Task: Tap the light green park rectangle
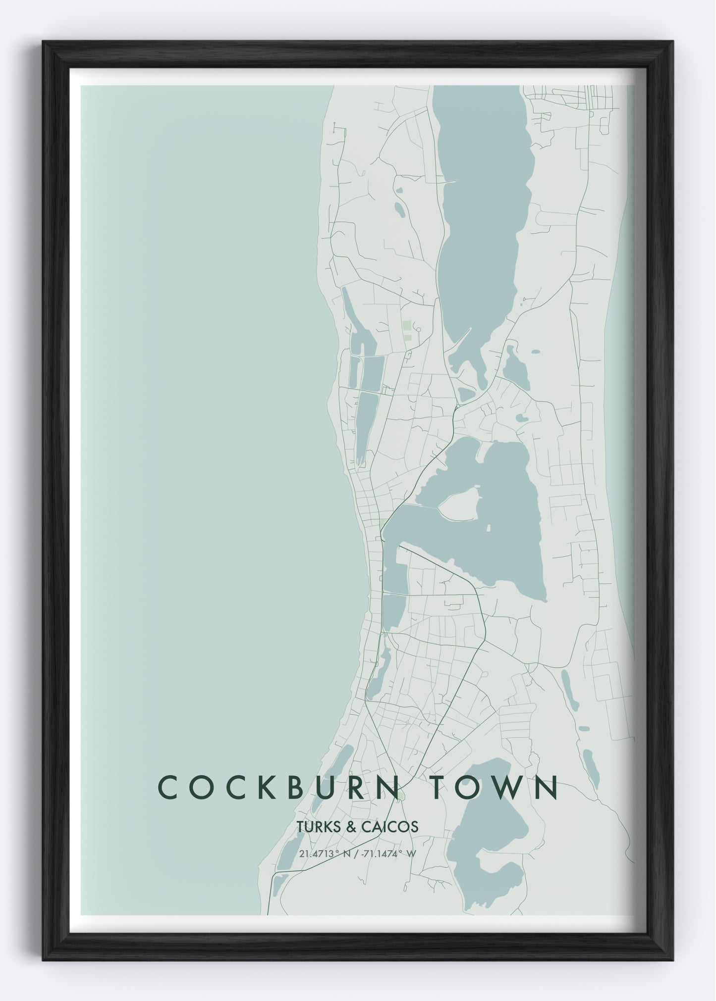(406, 326)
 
